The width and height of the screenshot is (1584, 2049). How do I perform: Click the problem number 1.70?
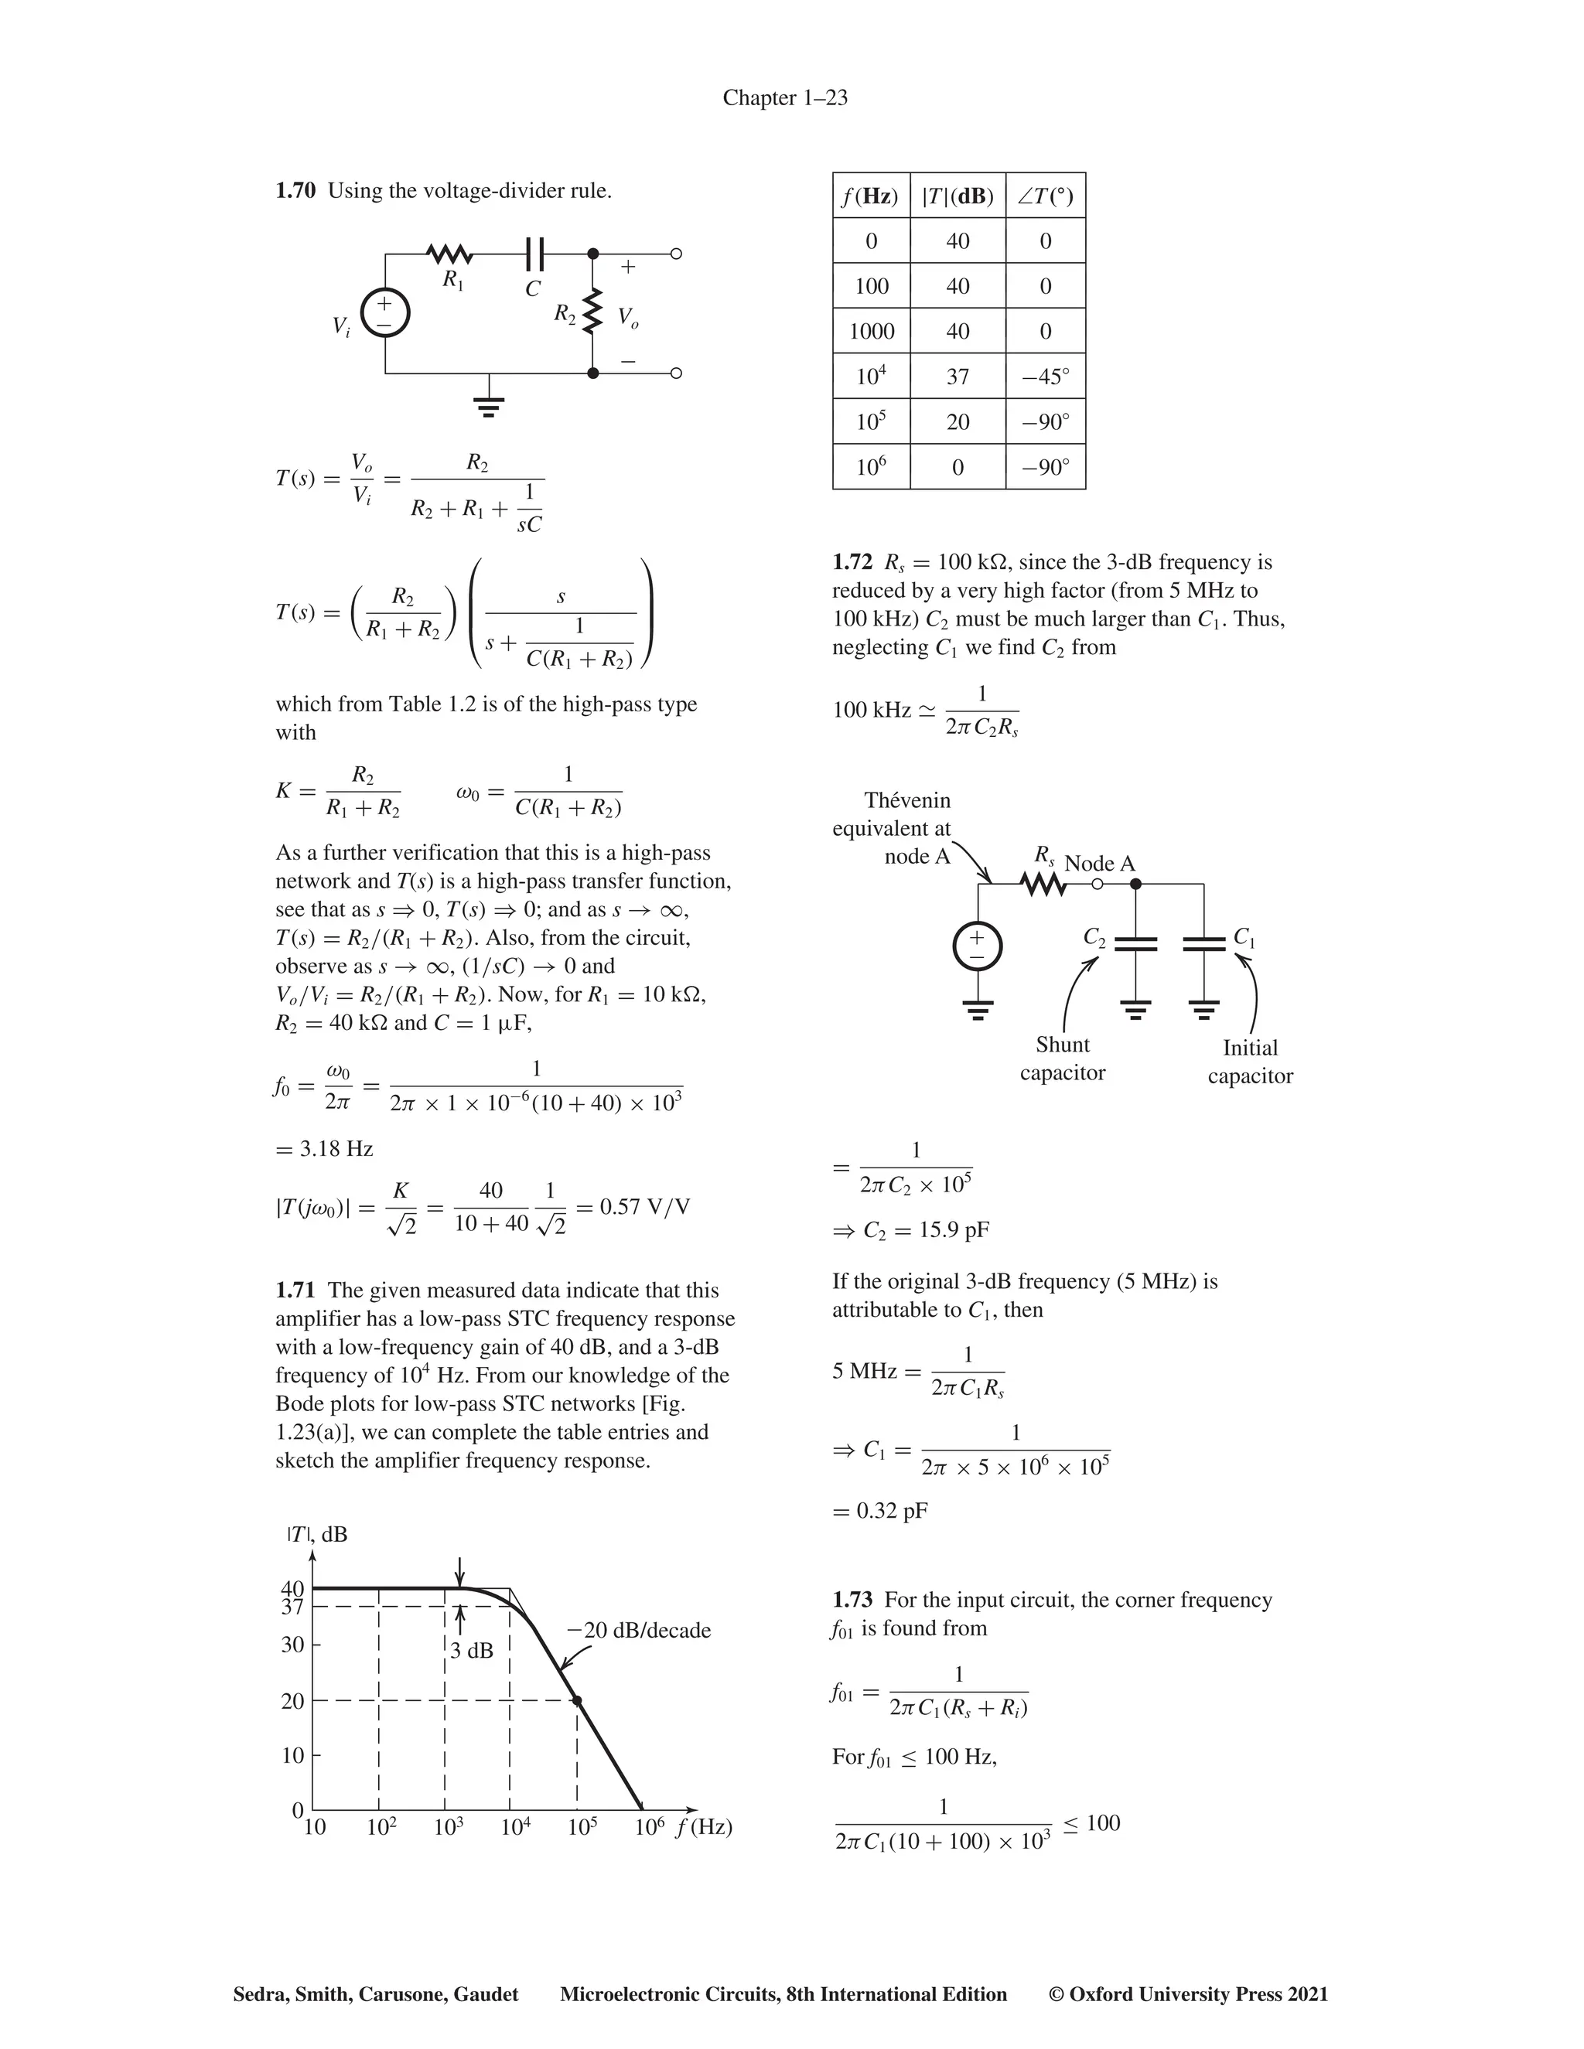pos(295,192)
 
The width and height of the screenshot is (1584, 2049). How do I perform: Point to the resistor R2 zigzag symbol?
pos(592,312)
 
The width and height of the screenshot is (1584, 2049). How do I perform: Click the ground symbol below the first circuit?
pos(488,406)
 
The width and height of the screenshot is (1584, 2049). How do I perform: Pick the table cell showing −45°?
pos(1046,377)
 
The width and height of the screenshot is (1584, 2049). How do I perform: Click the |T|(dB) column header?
pos(958,196)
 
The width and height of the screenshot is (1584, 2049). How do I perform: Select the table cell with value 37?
pos(958,377)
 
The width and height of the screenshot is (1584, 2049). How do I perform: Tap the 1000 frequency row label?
pos(871,331)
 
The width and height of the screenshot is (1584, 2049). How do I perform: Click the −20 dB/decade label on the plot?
pos(639,1631)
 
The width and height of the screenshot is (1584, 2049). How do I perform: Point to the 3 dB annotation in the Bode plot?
pos(471,1650)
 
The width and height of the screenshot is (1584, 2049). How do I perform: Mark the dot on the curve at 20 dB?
pos(576,1700)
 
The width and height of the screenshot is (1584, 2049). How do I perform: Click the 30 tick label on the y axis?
pos(293,1645)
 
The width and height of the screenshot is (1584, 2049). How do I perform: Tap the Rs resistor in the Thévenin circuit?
pos(1043,884)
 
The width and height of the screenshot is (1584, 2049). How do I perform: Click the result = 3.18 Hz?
pos(324,1148)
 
